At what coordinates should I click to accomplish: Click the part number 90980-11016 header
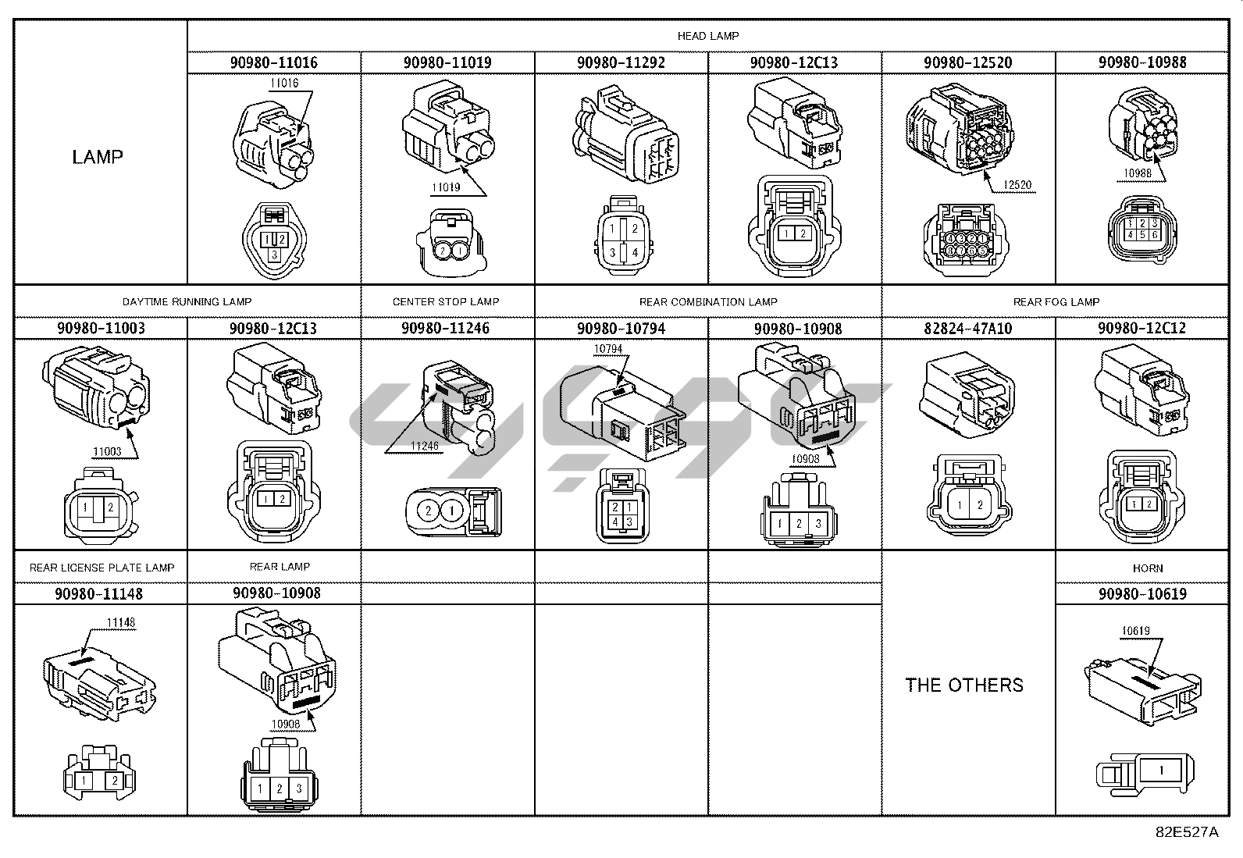273,62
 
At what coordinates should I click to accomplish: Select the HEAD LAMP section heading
708,36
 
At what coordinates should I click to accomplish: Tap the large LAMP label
98,157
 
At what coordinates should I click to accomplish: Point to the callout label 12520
1017,185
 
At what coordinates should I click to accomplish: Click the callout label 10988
1138,173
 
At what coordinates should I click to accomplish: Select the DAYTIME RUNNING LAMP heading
187,301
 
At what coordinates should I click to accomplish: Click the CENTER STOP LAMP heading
446,301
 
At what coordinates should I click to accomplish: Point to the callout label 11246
426,446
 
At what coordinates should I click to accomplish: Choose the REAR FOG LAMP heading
1056,301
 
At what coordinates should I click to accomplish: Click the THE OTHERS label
964,685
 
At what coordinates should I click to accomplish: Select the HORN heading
1147,568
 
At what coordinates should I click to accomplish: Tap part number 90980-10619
1141,594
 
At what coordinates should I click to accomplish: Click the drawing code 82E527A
1187,832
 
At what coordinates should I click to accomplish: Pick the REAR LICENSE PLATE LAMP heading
102,568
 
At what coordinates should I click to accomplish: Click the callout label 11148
121,623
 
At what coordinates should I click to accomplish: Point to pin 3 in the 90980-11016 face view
273,255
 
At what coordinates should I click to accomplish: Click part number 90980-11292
621,62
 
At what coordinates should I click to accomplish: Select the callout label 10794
608,349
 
